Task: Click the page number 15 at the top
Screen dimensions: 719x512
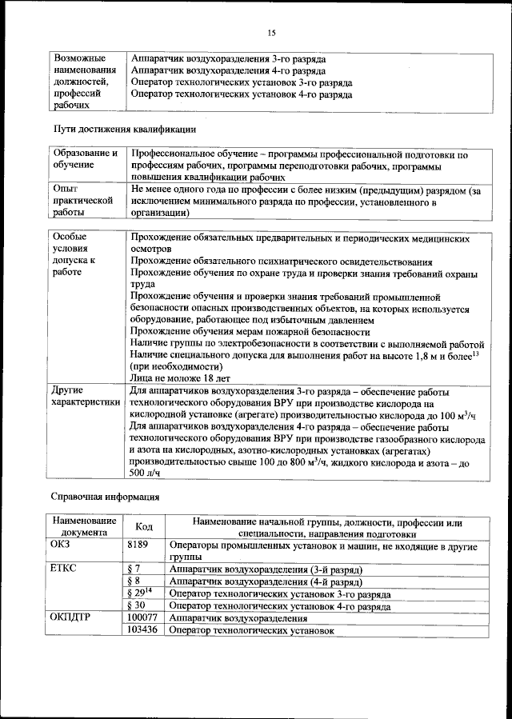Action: (x=271, y=33)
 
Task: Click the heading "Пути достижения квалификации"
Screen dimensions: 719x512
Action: (x=124, y=129)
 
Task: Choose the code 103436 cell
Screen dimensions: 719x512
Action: (x=142, y=630)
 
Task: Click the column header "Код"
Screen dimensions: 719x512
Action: (x=144, y=526)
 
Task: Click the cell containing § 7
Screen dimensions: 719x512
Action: (x=134, y=569)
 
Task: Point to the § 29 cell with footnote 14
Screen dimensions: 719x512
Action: (x=138, y=594)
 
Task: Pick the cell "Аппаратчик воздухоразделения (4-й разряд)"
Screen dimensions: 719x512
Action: (x=266, y=581)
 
